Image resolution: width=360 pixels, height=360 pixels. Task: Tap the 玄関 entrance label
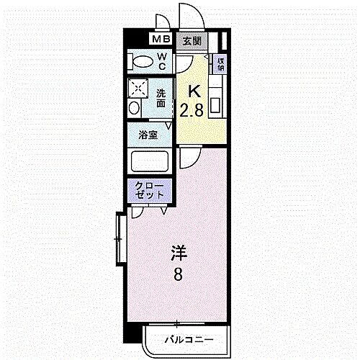click(x=190, y=41)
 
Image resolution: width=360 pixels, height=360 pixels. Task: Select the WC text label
click(x=162, y=61)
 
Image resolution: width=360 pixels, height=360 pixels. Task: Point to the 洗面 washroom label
click(x=162, y=98)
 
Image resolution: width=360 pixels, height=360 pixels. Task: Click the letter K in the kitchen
click(x=193, y=91)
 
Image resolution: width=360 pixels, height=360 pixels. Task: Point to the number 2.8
click(x=192, y=109)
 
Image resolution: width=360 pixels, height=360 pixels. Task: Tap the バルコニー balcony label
click(x=186, y=338)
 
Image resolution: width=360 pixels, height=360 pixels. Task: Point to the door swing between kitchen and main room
click(x=189, y=153)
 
